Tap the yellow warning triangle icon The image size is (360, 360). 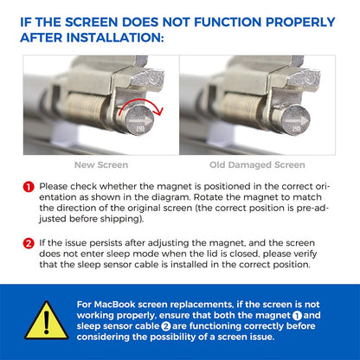[47, 320]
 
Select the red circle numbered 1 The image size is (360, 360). [29, 187]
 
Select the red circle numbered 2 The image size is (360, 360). [29, 244]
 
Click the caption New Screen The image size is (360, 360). [101, 165]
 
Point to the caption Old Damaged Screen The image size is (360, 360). [257, 165]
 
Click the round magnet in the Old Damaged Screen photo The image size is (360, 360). [295, 120]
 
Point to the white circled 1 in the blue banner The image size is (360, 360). [297, 316]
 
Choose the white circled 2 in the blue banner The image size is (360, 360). [166, 326]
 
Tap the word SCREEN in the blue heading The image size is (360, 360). [91, 22]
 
